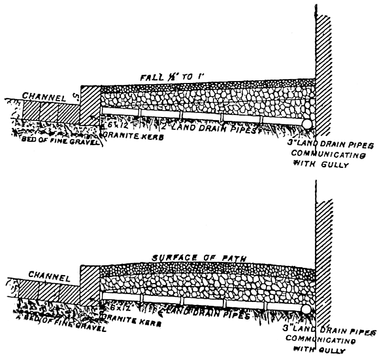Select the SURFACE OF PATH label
[x=199, y=258]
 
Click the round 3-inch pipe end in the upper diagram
[x=307, y=124]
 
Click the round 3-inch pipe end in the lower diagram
[x=307, y=309]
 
